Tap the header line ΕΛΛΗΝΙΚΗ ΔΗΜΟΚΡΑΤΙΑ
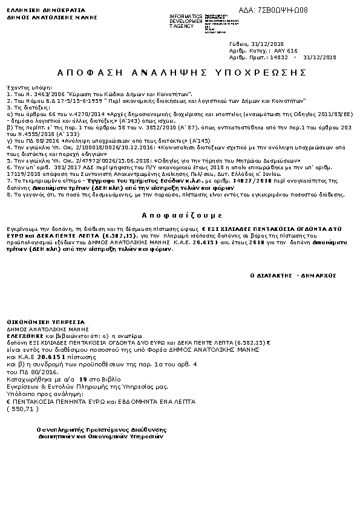click(x=34, y=10)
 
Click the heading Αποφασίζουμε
click(x=180, y=215)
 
